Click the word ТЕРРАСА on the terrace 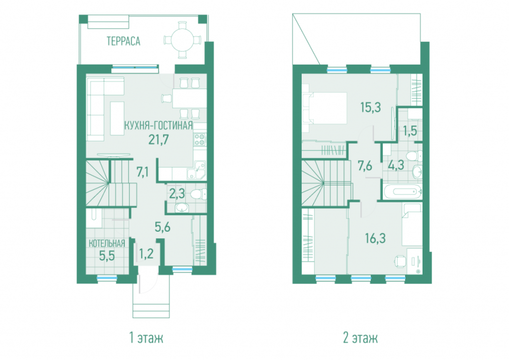click(x=123, y=41)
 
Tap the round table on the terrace click(x=183, y=40)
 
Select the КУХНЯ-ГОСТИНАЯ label click(x=159, y=125)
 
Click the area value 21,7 click(x=159, y=140)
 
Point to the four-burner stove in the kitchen click(x=200, y=139)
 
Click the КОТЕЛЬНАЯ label click(x=107, y=244)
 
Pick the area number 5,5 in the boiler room click(x=107, y=256)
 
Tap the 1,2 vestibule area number click(x=146, y=253)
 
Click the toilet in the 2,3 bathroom click(x=198, y=194)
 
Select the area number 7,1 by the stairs click(x=143, y=172)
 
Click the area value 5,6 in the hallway click(x=163, y=227)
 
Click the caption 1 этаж click(x=146, y=338)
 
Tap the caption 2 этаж click(x=360, y=338)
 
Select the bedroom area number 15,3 click(x=370, y=107)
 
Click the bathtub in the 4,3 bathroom click(x=403, y=191)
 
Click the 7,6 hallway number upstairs click(x=365, y=166)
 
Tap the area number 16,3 click(x=375, y=238)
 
